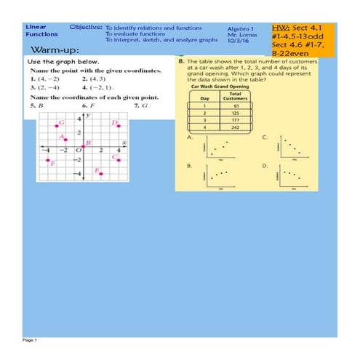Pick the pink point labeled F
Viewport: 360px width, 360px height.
47,161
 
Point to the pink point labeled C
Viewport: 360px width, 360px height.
119,155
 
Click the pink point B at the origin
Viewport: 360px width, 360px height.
84,148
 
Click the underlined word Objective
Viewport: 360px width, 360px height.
85,26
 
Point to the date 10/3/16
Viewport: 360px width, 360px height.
237,40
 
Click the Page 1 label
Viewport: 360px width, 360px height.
29,340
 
